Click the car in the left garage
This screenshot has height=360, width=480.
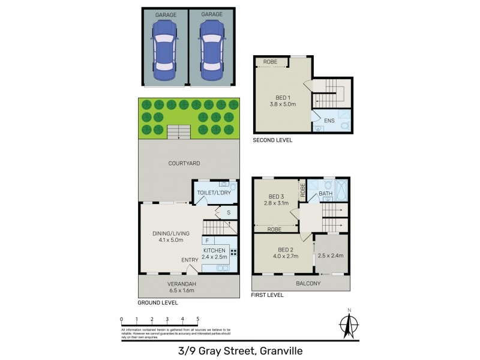click(165, 51)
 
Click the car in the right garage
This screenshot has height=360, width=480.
click(211, 51)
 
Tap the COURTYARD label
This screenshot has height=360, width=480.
click(184, 163)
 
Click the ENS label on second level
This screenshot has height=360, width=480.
click(329, 121)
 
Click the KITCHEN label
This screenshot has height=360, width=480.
click(214, 250)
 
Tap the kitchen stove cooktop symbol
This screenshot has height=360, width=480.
click(233, 253)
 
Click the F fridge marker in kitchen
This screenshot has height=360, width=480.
click(206, 241)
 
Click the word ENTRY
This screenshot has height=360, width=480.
click(190, 260)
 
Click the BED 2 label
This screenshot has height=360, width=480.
click(282, 250)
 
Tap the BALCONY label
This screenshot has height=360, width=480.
click(308, 283)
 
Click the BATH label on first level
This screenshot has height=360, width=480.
click(326, 194)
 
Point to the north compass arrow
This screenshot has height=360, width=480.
click(348, 324)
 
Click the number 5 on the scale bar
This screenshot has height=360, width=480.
click(197, 319)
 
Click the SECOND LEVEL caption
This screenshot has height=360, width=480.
click(272, 140)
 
